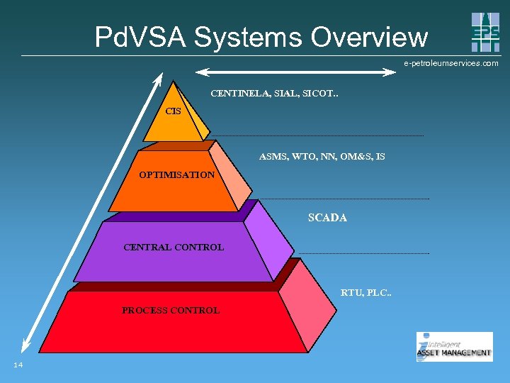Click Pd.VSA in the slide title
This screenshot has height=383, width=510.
tap(140, 37)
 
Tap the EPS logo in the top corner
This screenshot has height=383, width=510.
tap(485, 32)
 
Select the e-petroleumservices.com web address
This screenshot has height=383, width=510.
tap(451, 63)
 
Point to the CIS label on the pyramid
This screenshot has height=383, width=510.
tap(173, 111)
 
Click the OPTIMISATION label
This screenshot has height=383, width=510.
tap(176, 174)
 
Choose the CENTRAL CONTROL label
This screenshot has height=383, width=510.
tap(174, 248)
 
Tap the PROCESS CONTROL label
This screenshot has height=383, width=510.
tap(171, 310)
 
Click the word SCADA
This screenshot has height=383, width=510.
tap(327, 218)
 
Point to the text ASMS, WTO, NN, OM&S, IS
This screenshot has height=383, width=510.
tap(322, 156)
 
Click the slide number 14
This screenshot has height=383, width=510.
tap(18, 365)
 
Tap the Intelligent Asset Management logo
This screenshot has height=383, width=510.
tap(454, 347)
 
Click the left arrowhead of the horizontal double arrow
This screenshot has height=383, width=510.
tap(202, 71)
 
